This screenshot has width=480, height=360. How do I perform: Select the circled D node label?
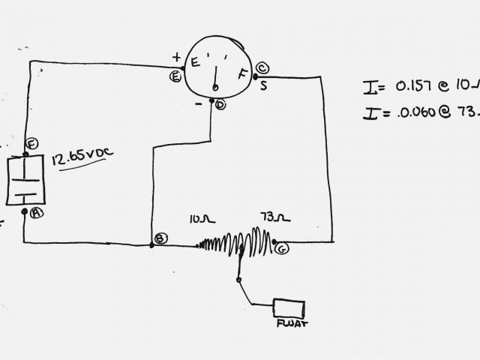coord(220,104)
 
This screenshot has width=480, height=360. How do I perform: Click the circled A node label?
coord(37,212)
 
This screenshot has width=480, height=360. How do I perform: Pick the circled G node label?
coord(281,248)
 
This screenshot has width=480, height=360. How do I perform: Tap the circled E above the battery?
coord(31,144)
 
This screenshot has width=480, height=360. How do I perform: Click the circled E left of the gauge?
coord(175,75)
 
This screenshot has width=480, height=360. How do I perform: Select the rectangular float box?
coord(289,308)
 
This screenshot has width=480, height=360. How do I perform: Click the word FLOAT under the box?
coord(291,324)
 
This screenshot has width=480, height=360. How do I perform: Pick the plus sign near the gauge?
coord(176,57)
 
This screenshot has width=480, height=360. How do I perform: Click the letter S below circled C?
coord(263,85)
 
